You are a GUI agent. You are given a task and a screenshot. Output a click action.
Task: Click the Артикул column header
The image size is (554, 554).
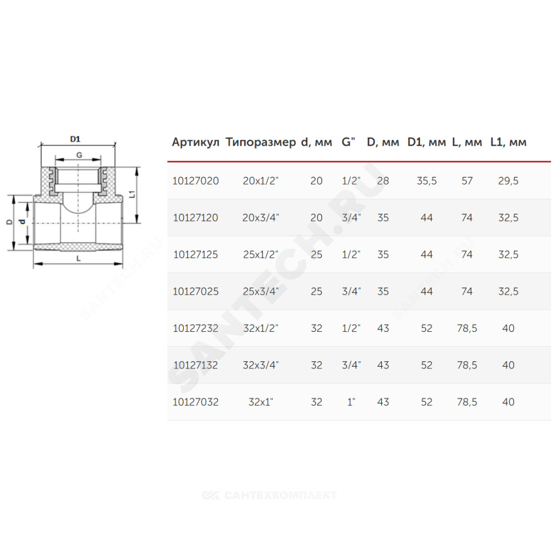click(196, 142)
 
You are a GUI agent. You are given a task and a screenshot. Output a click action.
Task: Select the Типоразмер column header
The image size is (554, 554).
click(261, 142)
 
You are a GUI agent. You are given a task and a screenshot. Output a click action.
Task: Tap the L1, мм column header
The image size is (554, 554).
click(509, 142)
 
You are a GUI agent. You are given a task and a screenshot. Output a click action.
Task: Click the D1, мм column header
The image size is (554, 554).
click(427, 142)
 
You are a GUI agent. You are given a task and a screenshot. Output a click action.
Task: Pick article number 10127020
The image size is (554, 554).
click(196, 181)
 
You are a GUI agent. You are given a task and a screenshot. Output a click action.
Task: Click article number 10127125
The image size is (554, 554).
click(196, 255)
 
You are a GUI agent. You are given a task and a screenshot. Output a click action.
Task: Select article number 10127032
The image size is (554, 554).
click(196, 402)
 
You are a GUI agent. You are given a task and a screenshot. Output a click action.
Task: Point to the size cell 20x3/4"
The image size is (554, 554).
click(261, 218)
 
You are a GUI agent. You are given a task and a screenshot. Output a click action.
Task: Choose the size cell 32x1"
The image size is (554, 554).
click(261, 402)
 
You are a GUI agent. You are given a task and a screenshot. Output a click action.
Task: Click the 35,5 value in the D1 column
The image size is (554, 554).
click(427, 181)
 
